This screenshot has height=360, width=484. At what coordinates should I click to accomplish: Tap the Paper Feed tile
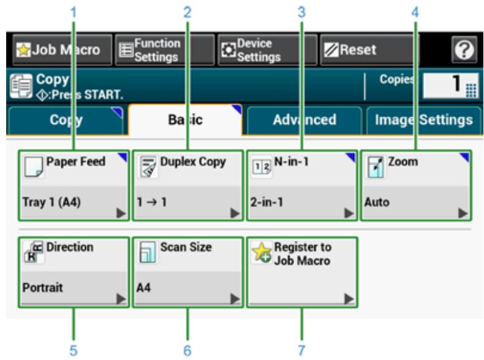pyautogui.click(x=74, y=185)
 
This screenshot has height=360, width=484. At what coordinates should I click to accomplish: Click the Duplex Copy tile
pyautogui.click(x=188, y=185)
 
